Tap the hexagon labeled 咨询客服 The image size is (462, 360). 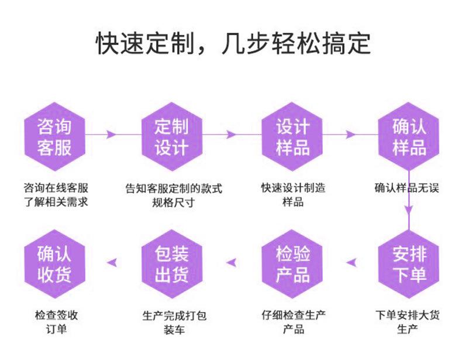click(54, 136)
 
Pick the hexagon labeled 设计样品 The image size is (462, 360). click(292, 136)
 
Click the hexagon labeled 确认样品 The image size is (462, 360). click(409, 136)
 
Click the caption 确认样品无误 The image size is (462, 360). click(409, 188)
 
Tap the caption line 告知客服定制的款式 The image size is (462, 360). click(174, 188)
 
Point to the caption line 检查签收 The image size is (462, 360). click(56, 316)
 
